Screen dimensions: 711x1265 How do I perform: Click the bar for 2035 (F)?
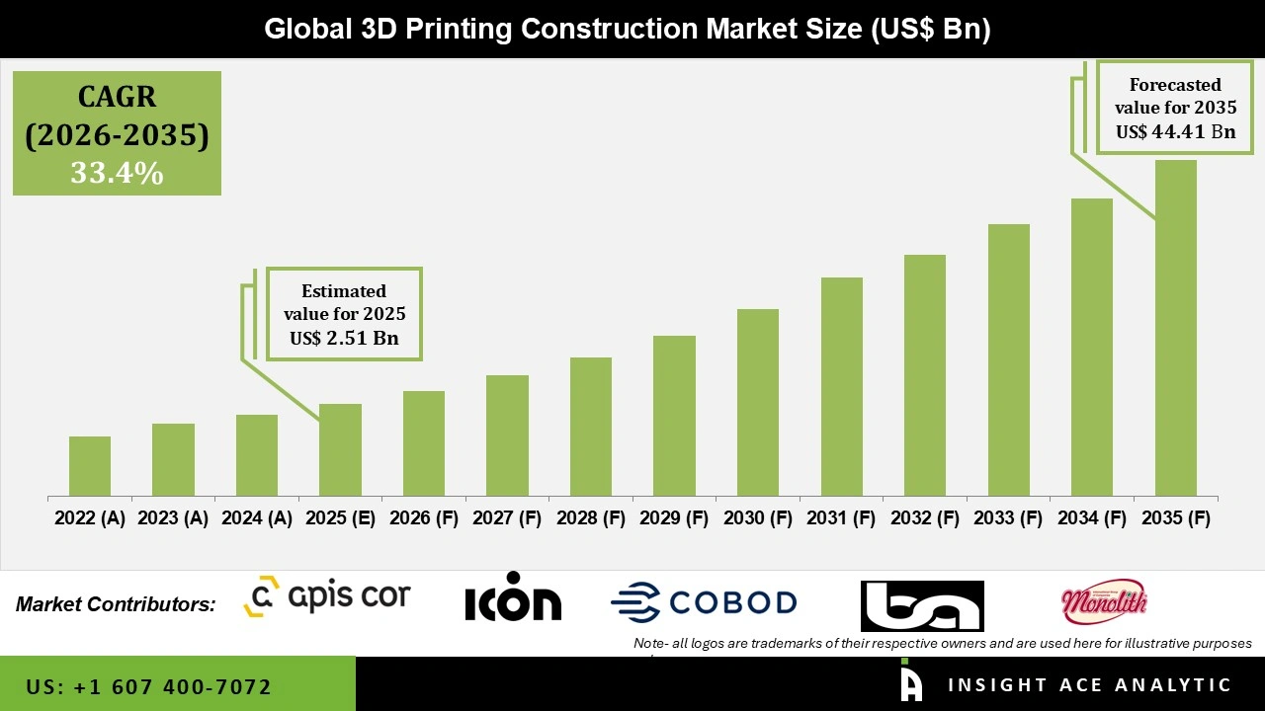1175,328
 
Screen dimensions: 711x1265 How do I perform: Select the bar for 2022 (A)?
90,466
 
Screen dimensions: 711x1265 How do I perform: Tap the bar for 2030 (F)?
758,403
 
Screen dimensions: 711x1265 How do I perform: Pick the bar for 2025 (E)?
340,450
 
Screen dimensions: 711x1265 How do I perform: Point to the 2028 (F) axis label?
591,518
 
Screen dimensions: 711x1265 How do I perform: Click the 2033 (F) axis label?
1008,518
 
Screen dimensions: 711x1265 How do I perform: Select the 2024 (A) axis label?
257,518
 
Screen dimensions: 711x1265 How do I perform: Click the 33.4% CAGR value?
117,174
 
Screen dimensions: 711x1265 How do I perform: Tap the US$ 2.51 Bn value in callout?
343,339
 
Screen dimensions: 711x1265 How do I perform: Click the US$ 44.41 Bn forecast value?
1175,131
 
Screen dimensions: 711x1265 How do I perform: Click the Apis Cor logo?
327,596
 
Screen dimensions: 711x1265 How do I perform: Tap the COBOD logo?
704,601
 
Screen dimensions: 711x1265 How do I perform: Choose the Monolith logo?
1103,600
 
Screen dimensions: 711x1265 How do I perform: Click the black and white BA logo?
921,605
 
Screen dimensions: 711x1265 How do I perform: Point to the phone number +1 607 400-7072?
148,686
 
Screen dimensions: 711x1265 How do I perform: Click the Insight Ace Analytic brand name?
1089,685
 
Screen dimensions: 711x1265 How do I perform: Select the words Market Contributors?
116,604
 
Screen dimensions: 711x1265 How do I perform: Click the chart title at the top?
627,30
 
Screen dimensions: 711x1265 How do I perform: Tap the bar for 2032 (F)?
925,375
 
